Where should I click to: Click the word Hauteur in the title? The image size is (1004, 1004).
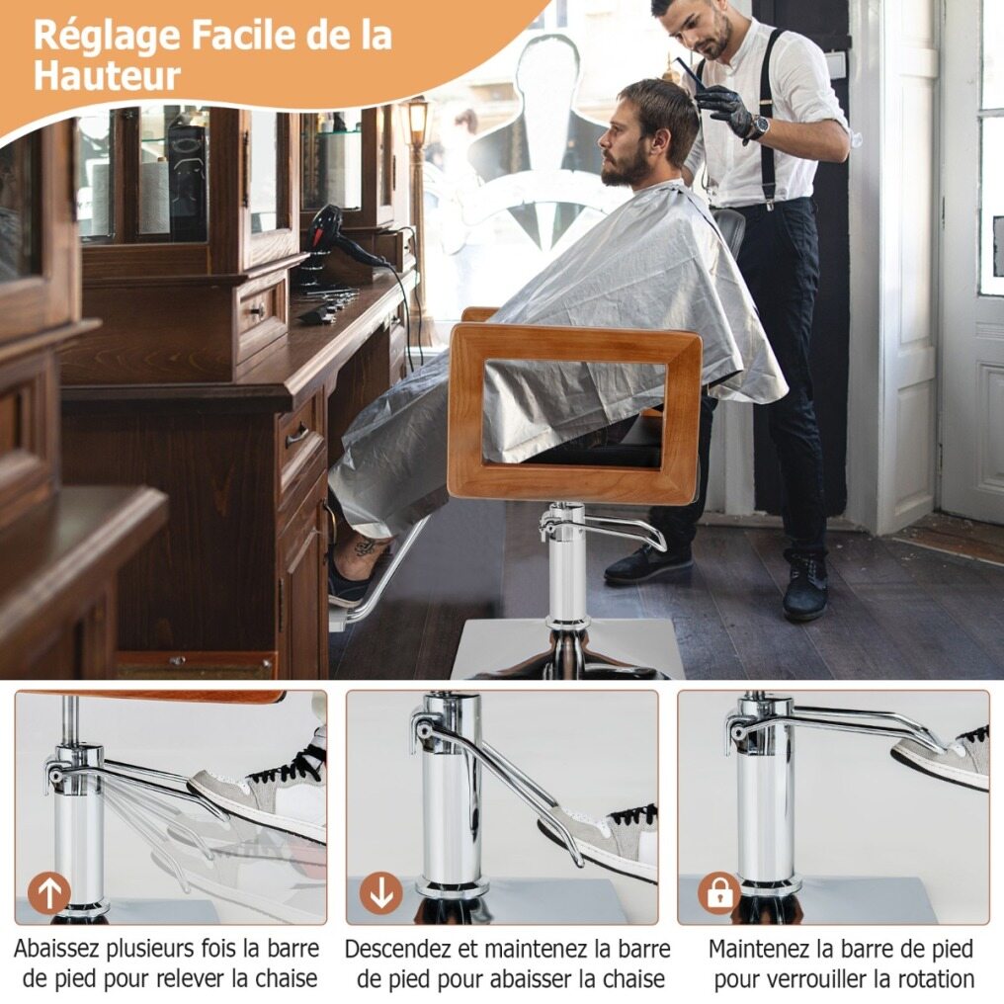tap(107, 75)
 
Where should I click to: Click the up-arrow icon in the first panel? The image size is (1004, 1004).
tap(49, 892)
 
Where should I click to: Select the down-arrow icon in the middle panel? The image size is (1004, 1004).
tap(381, 892)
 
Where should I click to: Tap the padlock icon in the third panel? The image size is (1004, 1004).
tap(719, 892)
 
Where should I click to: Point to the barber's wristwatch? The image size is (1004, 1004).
tap(759, 126)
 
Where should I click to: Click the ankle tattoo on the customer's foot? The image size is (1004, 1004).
tap(366, 547)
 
